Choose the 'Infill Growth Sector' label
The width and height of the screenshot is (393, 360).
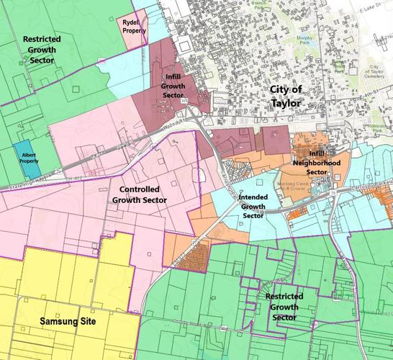tap(173, 86)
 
